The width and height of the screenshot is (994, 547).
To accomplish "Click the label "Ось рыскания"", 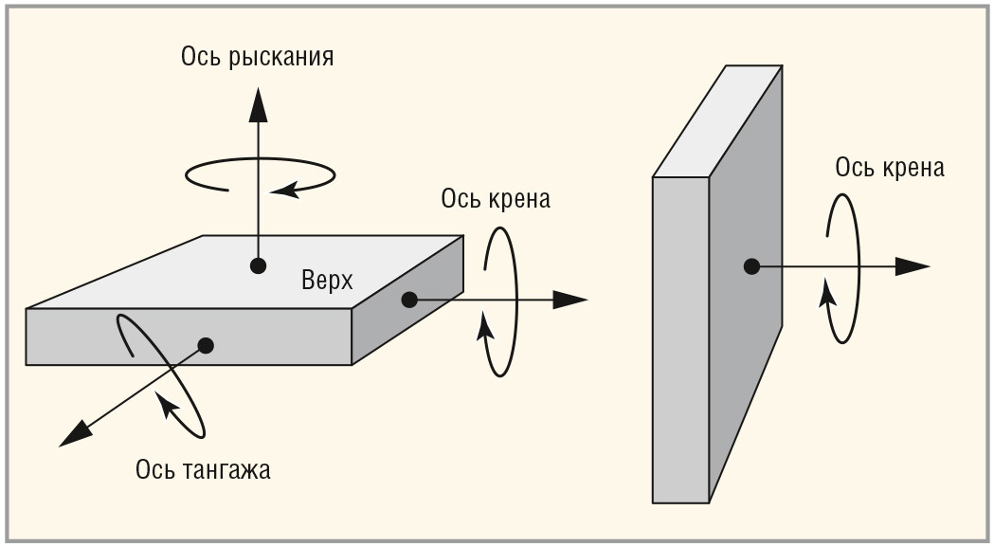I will coord(257,57).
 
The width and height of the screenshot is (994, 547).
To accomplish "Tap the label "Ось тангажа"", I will coord(203,469).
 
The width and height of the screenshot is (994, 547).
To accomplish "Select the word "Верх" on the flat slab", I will coord(327,281).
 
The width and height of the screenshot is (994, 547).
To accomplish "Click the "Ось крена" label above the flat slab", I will coord(496,200).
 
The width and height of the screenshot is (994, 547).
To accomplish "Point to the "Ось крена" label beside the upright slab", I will coord(890,168).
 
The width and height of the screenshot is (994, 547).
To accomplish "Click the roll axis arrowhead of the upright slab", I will coord(912,266).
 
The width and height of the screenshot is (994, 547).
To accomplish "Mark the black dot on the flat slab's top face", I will coord(257,266).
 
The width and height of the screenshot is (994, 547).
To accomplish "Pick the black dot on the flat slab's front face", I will coord(206,345).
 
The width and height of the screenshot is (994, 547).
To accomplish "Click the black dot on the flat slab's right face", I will coord(409,300).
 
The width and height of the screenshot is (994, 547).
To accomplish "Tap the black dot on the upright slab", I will coord(751,266).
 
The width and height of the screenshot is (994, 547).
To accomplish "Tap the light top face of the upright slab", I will coord(718,121).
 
